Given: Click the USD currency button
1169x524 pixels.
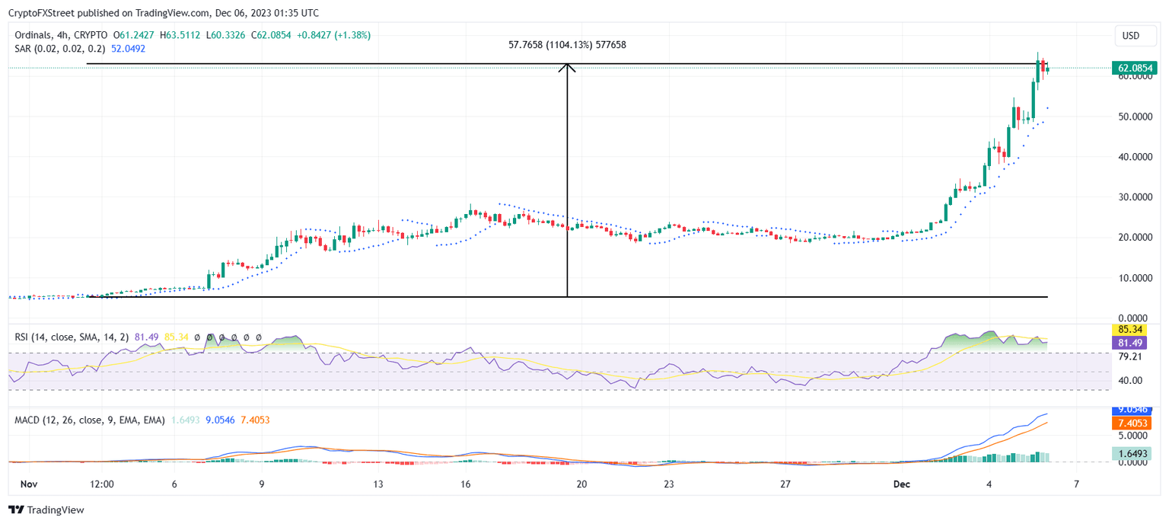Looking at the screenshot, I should coord(1131,36).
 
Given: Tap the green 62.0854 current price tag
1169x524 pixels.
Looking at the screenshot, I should coord(1134,69).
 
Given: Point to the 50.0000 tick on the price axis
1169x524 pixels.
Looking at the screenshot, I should coord(1134,117).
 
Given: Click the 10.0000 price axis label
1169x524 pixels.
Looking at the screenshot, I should coord(1134,278).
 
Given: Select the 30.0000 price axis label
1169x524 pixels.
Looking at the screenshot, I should coord(1134,197).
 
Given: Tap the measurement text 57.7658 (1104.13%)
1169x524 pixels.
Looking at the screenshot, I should coord(567,45).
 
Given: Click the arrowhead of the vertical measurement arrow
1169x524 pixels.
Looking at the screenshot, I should coord(567,67).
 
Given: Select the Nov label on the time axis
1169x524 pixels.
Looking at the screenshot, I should coord(28,484).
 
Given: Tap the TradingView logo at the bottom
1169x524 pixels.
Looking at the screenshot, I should coord(47,510).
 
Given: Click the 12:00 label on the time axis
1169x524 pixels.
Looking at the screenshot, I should coord(101,484).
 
